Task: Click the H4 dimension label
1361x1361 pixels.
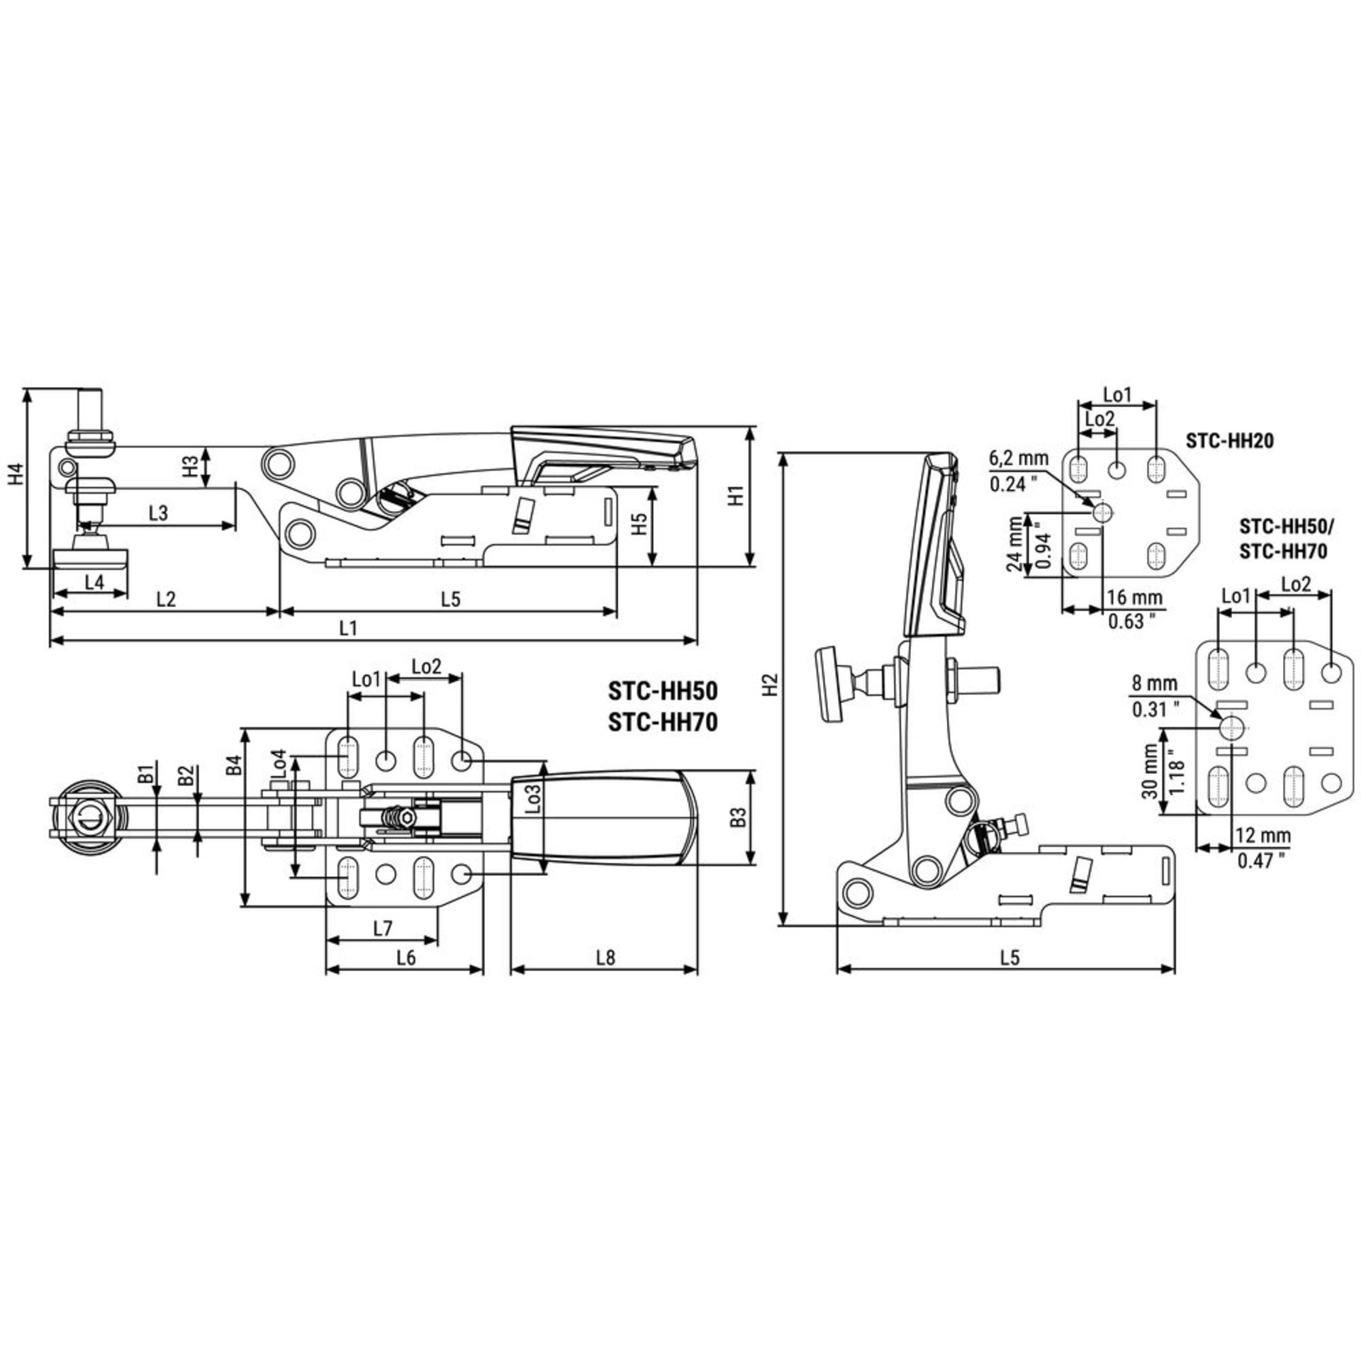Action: [x=15, y=475]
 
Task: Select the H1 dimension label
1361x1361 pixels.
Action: [x=737, y=495]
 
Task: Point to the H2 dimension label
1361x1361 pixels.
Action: [x=773, y=683]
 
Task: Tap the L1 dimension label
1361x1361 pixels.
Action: [x=347, y=627]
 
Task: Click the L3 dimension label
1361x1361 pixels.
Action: [x=158, y=513]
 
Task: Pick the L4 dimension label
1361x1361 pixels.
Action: [x=94, y=582]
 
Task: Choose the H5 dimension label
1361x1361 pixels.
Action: [x=640, y=525]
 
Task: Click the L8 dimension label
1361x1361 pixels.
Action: [x=605, y=957]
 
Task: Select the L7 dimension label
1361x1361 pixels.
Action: [x=383, y=927]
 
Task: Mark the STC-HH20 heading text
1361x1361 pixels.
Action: [x=1230, y=441]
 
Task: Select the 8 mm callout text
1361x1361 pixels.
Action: [x=1154, y=684]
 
